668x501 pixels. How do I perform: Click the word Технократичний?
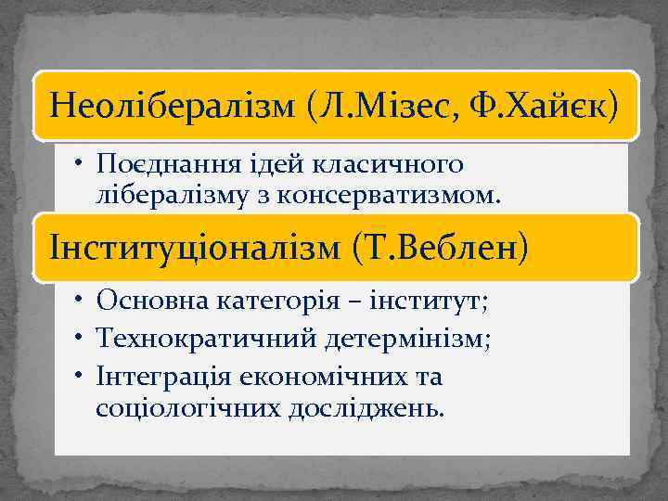tap(205, 339)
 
